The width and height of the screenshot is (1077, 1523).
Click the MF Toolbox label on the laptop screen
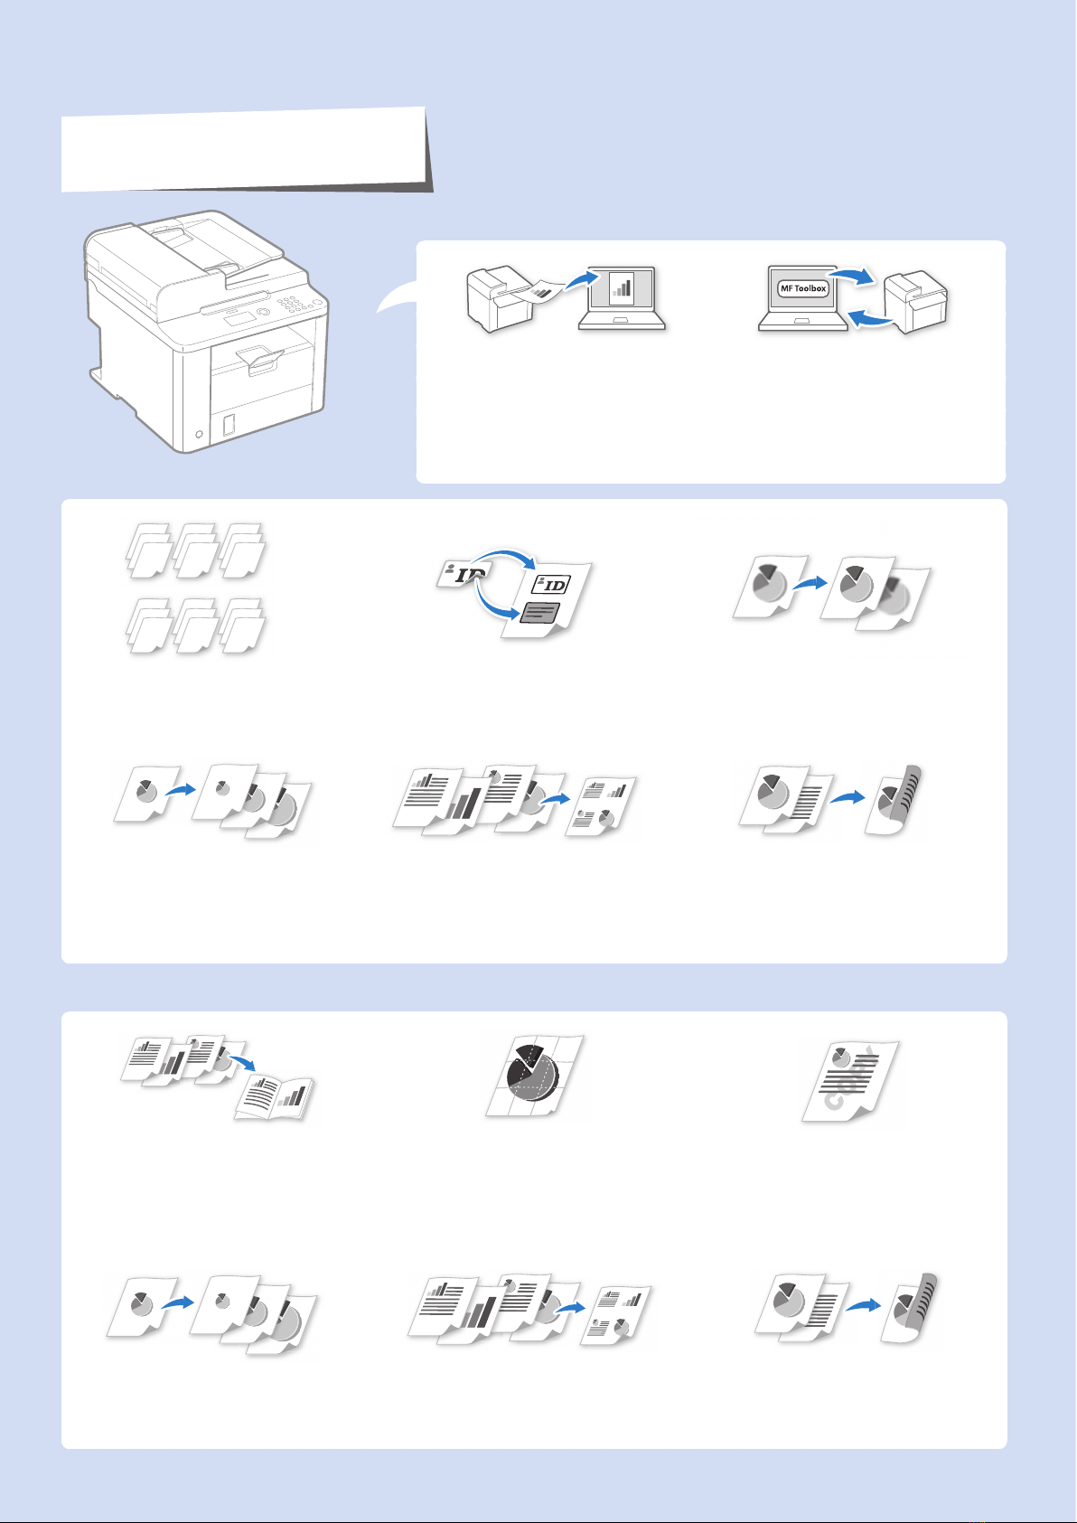[x=802, y=288]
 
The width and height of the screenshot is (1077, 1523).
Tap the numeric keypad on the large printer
[x=294, y=303]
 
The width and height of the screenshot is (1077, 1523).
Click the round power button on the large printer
[x=199, y=434]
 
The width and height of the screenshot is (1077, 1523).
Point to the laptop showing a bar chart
[x=622, y=298]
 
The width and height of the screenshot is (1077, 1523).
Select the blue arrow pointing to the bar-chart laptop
[x=583, y=280]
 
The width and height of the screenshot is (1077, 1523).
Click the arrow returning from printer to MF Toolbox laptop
[x=869, y=317]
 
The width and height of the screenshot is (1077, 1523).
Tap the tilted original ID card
[x=462, y=575]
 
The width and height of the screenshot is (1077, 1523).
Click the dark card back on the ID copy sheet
[x=539, y=613]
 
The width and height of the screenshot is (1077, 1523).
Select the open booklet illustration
[x=274, y=1097]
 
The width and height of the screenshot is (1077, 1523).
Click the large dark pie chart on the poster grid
[x=532, y=1073]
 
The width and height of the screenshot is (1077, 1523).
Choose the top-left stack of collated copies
[x=148, y=550]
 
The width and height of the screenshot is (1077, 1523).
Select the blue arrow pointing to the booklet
[x=242, y=1061]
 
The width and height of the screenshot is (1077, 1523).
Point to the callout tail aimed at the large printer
[x=396, y=297]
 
